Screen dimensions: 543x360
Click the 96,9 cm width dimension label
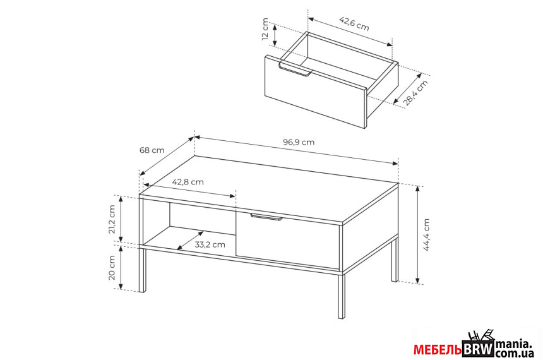coord(299,142)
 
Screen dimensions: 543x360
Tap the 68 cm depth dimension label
coord(152,150)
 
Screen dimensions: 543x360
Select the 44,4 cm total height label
coord(426,234)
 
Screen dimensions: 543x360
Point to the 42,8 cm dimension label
coord(188,182)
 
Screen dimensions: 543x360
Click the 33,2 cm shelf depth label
coord(210,244)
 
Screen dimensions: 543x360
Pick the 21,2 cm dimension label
coord(112,219)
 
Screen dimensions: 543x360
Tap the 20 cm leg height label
coord(112,268)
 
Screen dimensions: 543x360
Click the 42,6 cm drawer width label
coord(354,23)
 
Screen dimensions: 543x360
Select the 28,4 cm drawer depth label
coord(415,92)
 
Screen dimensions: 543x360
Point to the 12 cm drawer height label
coord(265,29)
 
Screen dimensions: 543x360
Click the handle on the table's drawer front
coord(266,217)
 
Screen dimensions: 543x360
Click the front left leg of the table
coord(142,269)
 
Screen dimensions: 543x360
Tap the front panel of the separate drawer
coord(315,92)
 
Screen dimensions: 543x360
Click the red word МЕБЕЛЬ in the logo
coord(438,350)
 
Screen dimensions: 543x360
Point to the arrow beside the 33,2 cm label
coord(190,240)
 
